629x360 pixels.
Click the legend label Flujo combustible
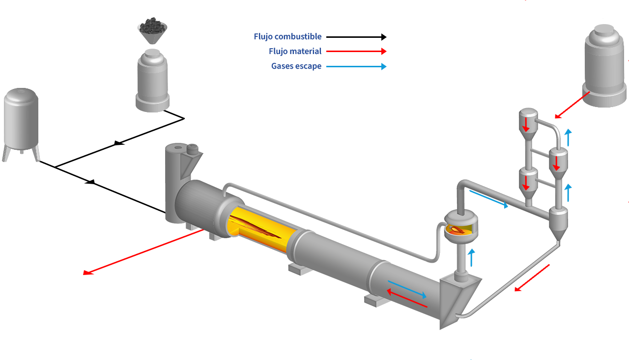click(287, 37)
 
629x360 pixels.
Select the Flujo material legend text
click(295, 52)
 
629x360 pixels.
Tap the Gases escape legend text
click(296, 66)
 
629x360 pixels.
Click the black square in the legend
click(384, 37)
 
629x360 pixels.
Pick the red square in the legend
click(384, 51)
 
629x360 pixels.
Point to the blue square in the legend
click(384, 67)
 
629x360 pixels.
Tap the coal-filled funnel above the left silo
click(152, 30)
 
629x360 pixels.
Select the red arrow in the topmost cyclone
click(526, 125)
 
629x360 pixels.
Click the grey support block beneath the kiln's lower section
click(376, 300)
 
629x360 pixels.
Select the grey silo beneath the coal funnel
click(152, 81)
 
